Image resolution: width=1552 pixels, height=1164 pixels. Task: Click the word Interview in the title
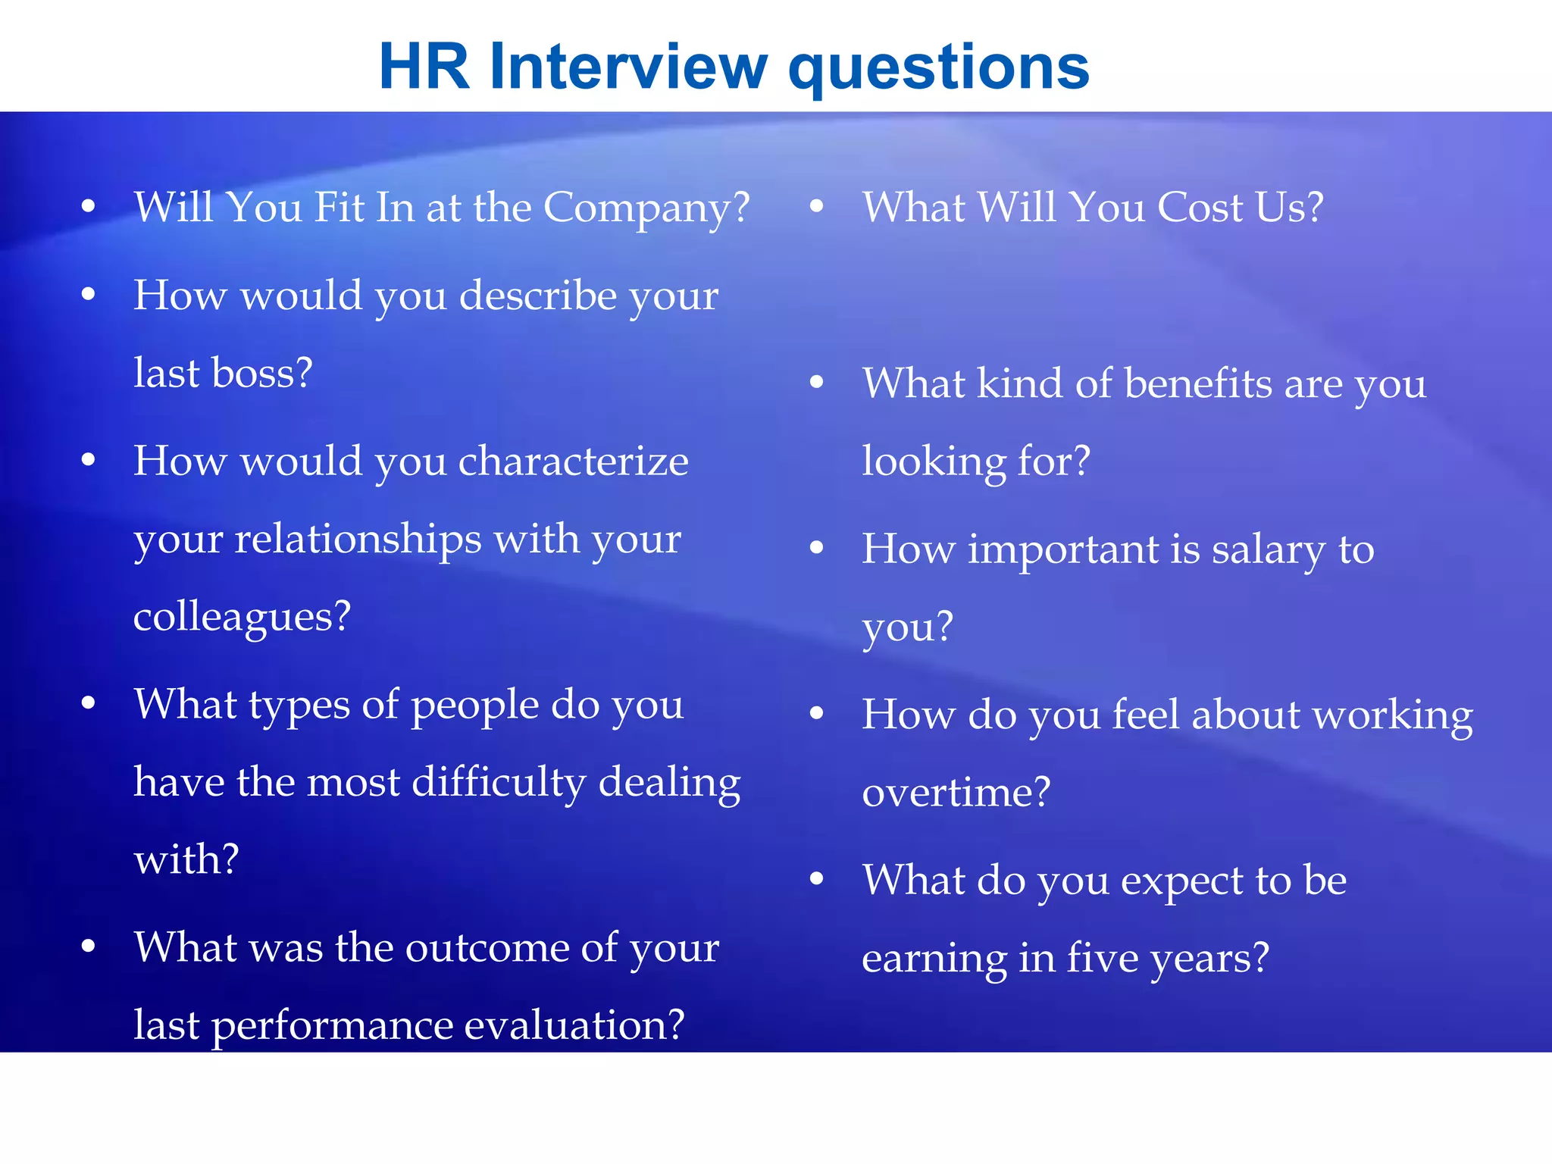coord(628,67)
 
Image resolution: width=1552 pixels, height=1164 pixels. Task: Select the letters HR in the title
coord(424,67)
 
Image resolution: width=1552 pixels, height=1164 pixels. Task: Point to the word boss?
coord(261,373)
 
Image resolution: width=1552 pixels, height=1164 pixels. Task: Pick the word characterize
coord(574,461)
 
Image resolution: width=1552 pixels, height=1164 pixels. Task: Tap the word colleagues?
coord(242,616)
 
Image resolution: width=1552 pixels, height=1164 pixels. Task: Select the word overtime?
coord(956,793)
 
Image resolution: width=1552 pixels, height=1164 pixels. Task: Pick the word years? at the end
coord(1209,959)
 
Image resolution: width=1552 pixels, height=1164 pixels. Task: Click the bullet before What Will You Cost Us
coord(816,206)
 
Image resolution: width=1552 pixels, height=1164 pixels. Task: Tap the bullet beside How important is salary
coord(816,548)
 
